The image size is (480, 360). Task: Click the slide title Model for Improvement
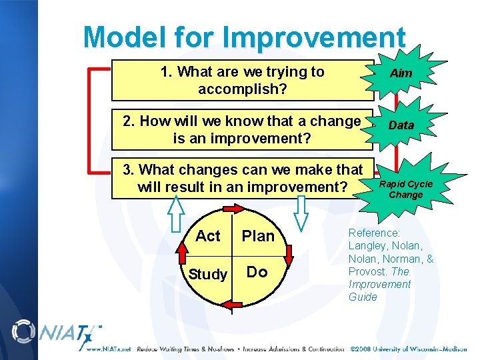coord(244,38)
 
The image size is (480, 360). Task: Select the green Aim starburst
coord(401,73)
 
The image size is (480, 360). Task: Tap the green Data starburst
coord(401,125)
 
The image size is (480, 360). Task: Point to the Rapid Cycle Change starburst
coord(405,189)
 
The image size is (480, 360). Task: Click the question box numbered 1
coord(242,80)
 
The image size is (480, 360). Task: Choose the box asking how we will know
coord(242,129)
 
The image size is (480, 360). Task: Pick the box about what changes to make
coord(242,179)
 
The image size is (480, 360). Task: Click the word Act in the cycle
coord(207,236)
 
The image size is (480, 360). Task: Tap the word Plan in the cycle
coord(258,236)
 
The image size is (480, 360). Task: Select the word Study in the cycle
coord(207,273)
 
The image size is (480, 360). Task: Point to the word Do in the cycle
coord(257,271)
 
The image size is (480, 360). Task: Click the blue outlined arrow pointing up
coord(176,213)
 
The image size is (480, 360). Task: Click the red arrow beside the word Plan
coord(287,254)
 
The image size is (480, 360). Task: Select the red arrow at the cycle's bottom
coord(232,305)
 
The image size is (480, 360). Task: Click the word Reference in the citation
coord(374,233)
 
